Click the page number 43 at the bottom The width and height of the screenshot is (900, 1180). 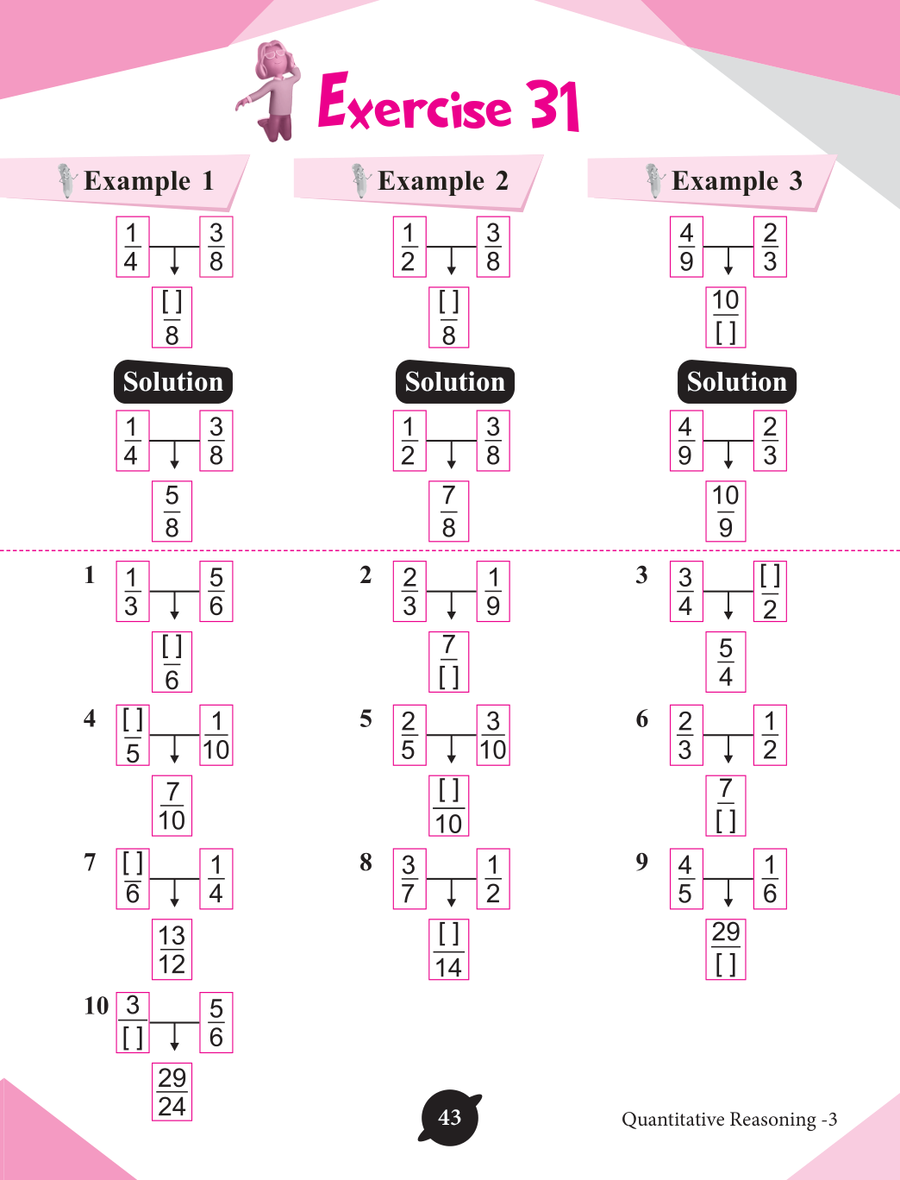[x=449, y=1118]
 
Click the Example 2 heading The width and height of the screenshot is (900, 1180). [x=442, y=181]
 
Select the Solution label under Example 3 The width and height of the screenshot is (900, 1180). [x=736, y=382]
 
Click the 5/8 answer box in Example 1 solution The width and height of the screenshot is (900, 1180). [x=172, y=511]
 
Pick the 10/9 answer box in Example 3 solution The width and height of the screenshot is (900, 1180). [x=725, y=511]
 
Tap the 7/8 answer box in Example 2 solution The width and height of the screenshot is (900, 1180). [x=448, y=511]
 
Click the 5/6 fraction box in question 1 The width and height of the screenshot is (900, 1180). [x=216, y=592]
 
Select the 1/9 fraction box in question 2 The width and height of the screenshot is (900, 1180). [x=493, y=592]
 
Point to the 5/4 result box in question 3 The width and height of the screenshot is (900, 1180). [x=726, y=662]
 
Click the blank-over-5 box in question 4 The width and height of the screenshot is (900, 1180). [x=133, y=736]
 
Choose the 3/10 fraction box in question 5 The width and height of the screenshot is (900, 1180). [x=493, y=736]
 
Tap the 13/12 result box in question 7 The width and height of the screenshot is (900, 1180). [x=172, y=950]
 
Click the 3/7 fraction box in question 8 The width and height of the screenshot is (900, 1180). [x=409, y=879]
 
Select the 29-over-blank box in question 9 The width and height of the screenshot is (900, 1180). [x=726, y=949]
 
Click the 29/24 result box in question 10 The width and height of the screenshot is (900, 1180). [x=172, y=1092]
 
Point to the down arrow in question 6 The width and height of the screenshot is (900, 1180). [x=728, y=749]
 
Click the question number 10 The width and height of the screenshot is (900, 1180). [x=96, y=1006]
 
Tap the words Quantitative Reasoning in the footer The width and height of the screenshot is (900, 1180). [x=718, y=1120]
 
